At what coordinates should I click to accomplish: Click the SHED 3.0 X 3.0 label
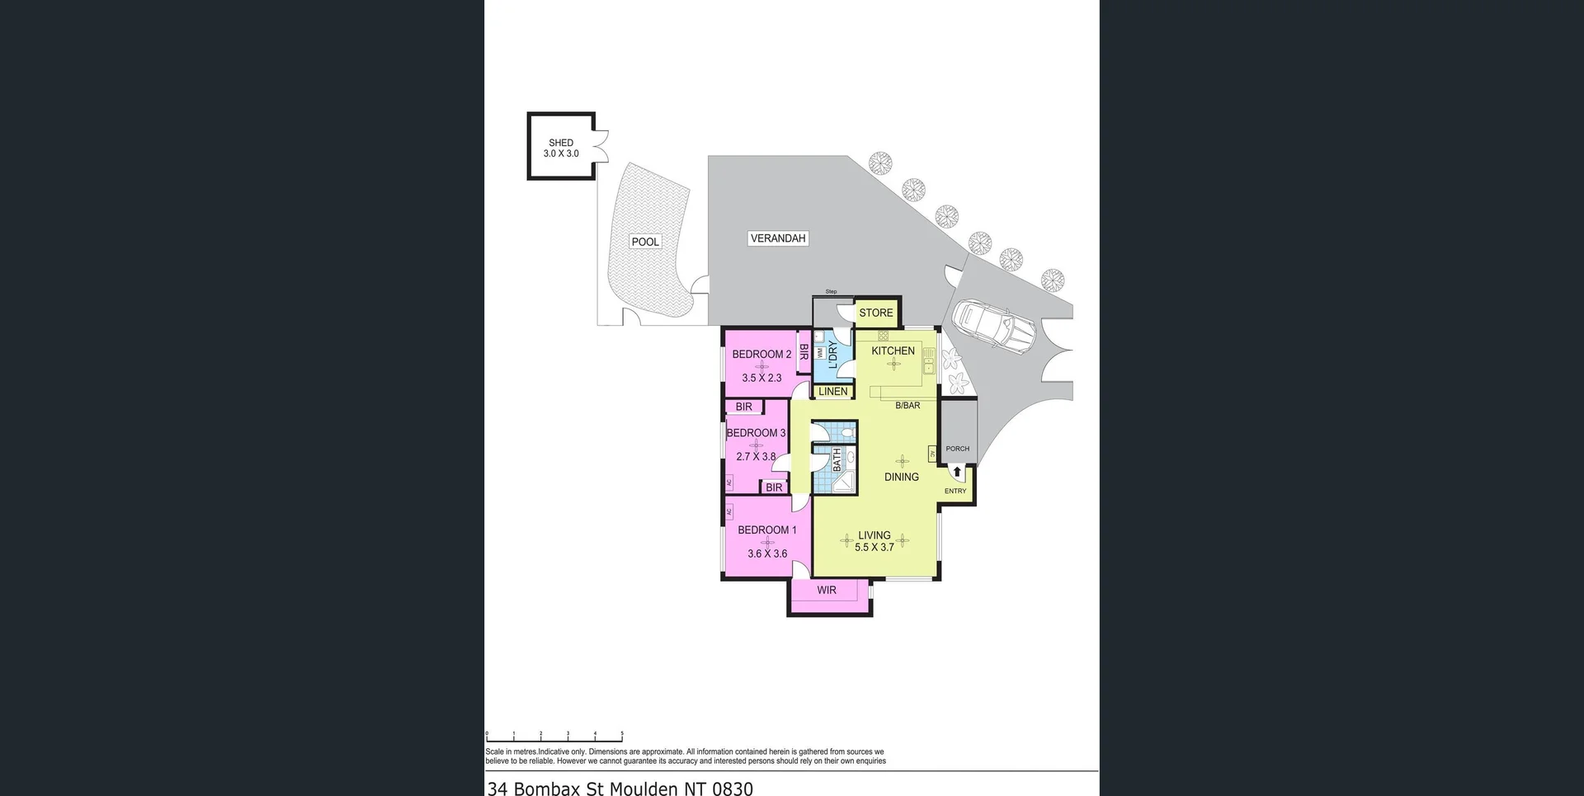pyautogui.click(x=561, y=148)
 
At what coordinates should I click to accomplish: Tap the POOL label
pyautogui.click(x=645, y=242)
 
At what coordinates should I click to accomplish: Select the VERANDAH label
pyautogui.click(x=777, y=238)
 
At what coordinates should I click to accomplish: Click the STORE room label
pyautogui.click(x=875, y=313)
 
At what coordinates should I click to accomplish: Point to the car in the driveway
pyautogui.click(x=993, y=327)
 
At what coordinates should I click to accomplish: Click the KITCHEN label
pyautogui.click(x=893, y=351)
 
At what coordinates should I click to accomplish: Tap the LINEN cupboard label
pyautogui.click(x=832, y=391)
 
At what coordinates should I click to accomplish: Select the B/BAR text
pyautogui.click(x=907, y=405)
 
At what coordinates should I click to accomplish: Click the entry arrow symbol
pyautogui.click(x=957, y=472)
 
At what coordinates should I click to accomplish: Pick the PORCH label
pyautogui.click(x=957, y=449)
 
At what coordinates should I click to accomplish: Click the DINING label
pyautogui.click(x=901, y=477)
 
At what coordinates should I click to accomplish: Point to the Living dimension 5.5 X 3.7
pyautogui.click(x=874, y=547)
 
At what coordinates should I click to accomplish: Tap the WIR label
pyautogui.click(x=827, y=590)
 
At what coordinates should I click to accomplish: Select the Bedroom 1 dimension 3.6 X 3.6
pyautogui.click(x=767, y=553)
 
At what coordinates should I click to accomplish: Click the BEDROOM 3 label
pyautogui.click(x=756, y=432)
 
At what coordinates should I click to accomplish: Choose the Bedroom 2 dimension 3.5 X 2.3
pyautogui.click(x=761, y=378)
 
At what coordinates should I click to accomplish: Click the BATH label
pyautogui.click(x=837, y=459)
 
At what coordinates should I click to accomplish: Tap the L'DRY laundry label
pyautogui.click(x=832, y=355)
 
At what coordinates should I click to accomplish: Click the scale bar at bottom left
pyautogui.click(x=554, y=734)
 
